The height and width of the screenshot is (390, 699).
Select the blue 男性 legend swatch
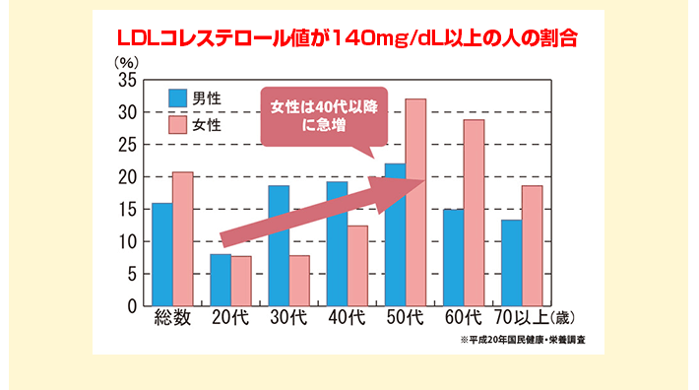tap(177, 97)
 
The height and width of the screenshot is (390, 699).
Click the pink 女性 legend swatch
tap(177, 125)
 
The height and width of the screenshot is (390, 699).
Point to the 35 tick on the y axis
tap(128, 81)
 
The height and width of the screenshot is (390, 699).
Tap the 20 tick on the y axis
tap(128, 177)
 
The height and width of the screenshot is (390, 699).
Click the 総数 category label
tap(171, 320)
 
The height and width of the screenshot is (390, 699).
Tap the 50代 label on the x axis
tap(405, 320)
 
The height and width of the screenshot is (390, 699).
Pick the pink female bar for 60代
tap(474, 212)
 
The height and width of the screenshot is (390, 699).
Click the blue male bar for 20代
tap(221, 281)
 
